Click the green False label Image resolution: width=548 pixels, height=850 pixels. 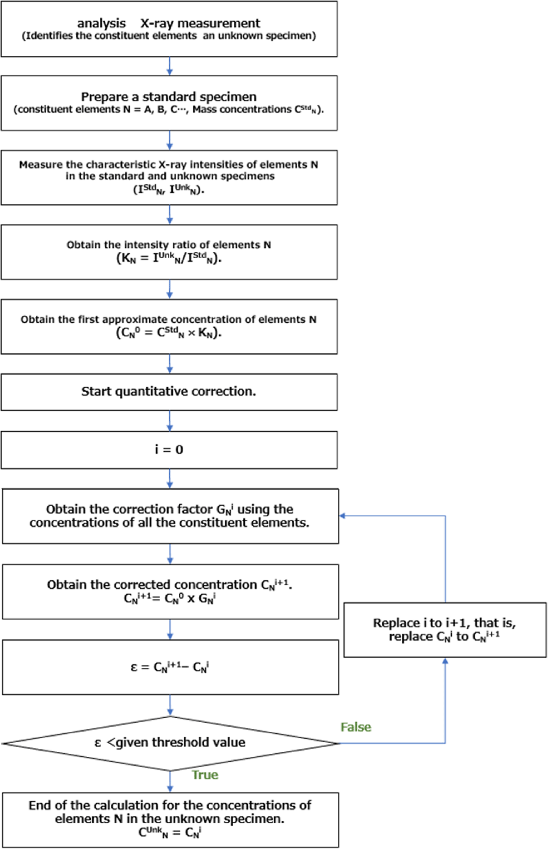[x=356, y=727]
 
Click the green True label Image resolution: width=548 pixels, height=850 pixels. [x=205, y=774]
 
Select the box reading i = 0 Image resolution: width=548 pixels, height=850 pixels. [x=169, y=450]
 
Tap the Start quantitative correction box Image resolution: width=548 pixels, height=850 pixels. [x=169, y=392]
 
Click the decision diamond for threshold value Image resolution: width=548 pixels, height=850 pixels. [x=170, y=743]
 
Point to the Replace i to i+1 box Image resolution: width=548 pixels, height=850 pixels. [x=444, y=630]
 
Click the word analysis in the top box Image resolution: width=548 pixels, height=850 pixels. [x=101, y=24]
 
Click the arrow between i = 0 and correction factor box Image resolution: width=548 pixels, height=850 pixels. [x=170, y=479]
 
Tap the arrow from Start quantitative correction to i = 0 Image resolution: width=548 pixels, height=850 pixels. [x=170, y=421]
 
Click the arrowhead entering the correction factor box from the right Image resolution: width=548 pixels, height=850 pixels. [x=343, y=516]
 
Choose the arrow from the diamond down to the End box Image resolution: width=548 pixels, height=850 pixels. [x=170, y=782]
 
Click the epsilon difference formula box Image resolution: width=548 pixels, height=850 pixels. [x=170, y=667]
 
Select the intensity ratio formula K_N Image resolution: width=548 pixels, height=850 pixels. [x=169, y=258]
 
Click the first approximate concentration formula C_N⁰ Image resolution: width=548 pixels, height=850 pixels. [x=169, y=333]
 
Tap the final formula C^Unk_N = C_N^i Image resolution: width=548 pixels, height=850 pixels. [x=170, y=832]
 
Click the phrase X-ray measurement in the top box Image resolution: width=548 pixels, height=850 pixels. [x=200, y=24]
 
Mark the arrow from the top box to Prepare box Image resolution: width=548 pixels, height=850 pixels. [x=170, y=66]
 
